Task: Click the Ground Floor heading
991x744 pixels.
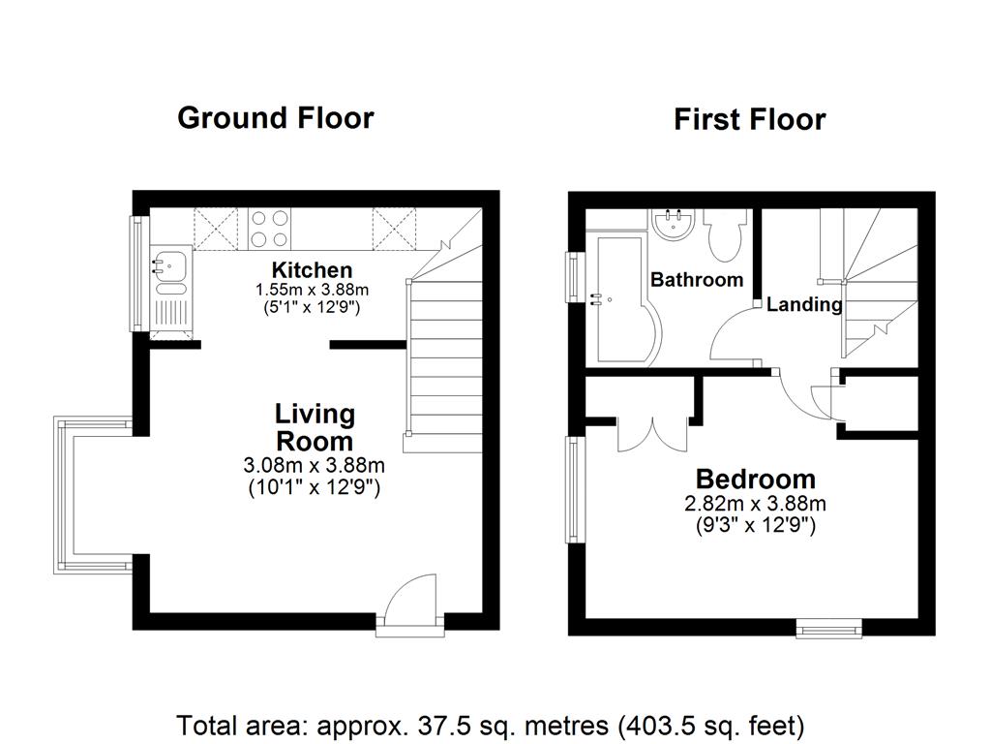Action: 276,118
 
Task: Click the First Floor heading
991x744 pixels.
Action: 749,120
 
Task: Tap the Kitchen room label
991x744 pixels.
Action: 312,270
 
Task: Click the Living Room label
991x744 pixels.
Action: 315,427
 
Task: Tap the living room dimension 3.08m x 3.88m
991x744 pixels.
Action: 315,466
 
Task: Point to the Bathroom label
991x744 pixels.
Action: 697,280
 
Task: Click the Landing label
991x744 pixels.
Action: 803,304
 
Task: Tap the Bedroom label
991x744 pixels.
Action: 755,479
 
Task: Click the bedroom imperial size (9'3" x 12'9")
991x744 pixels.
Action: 755,526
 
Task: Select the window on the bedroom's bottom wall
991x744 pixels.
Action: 828,630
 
